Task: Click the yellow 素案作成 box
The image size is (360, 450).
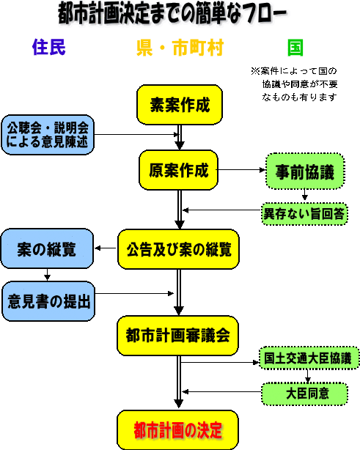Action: [180, 105]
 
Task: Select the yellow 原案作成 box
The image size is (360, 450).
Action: [178, 170]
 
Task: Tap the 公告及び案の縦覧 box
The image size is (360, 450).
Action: [178, 249]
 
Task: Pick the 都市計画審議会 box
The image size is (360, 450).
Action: [177, 336]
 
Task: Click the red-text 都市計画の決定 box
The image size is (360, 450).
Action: [177, 430]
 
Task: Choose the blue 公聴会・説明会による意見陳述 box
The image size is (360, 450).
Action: [48, 135]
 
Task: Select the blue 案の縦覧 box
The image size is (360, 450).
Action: [47, 248]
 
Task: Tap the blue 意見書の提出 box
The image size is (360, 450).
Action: [48, 301]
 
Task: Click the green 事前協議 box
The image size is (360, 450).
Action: [305, 171]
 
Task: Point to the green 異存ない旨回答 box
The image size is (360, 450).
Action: [304, 214]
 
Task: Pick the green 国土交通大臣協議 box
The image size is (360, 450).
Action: [309, 358]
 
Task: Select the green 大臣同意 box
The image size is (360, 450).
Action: [304, 394]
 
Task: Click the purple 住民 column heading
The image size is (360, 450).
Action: [49, 47]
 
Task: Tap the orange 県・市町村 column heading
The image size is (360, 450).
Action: [180, 48]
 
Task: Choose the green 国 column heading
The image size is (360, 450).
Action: [295, 48]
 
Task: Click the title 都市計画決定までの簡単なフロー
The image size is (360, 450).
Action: [172, 14]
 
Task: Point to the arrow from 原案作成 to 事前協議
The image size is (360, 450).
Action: [241, 170]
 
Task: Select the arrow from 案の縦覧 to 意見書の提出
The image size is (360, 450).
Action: [47, 275]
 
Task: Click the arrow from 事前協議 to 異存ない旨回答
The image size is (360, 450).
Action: [305, 194]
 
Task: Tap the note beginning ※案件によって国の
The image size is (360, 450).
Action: [295, 84]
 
